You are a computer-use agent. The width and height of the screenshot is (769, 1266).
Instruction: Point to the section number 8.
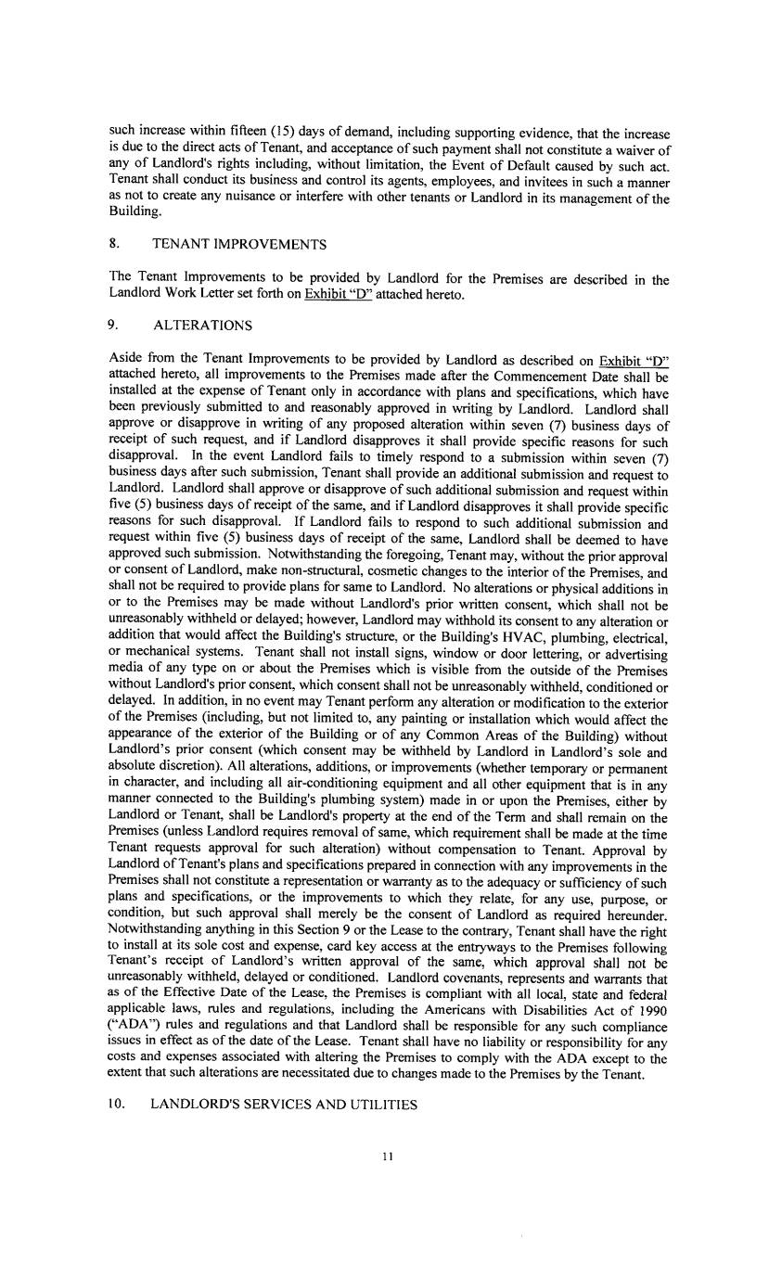(113, 245)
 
